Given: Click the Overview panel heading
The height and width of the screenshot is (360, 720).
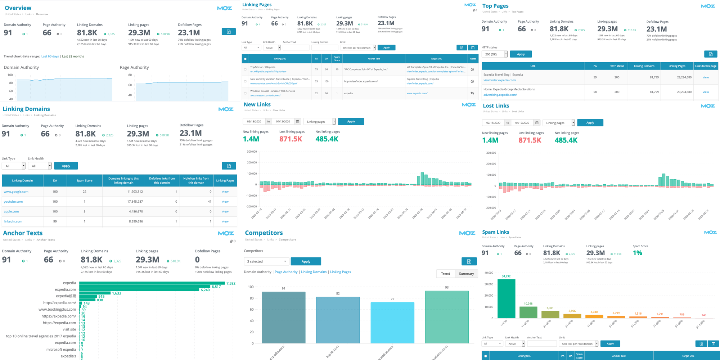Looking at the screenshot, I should tap(18, 8).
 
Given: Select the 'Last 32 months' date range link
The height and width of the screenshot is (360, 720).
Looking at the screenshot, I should tap(73, 57).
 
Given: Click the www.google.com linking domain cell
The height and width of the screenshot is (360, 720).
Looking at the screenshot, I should tap(16, 192).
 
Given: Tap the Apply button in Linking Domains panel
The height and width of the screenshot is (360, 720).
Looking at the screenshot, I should tap(66, 166).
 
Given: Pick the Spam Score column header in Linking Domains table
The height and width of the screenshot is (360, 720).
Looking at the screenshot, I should tap(84, 181).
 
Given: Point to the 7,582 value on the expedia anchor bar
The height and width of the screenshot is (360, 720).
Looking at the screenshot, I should tap(231, 283).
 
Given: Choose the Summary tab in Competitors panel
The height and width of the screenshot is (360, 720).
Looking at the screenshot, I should tap(466, 274).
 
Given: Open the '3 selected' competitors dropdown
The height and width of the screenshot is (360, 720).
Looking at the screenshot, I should tap(266, 261).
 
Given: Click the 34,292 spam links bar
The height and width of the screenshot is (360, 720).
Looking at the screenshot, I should tap(506, 299).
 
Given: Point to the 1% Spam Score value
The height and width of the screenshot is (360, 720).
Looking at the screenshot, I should tap(637, 253).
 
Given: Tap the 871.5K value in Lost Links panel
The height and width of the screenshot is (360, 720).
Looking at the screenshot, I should tap(530, 140).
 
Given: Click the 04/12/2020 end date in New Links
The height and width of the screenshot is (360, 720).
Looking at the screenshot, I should tap(283, 122).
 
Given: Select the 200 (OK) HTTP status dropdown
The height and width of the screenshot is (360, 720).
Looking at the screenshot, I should tap(494, 54).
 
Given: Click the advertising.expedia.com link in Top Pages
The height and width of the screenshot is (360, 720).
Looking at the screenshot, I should tap(500, 95).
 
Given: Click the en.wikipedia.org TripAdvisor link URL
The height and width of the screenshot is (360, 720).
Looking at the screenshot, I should tap(268, 72).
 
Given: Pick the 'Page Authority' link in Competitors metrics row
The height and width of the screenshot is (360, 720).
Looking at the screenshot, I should tap(286, 272).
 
